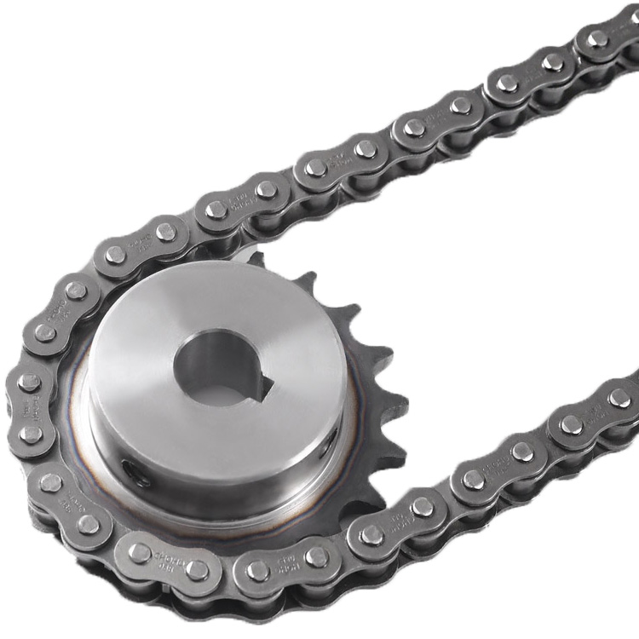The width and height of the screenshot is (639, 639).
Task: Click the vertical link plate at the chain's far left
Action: pyautogui.click(x=29, y=409)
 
